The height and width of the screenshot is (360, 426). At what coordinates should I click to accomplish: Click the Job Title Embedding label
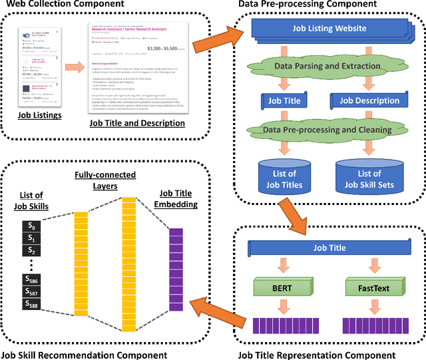(178, 199)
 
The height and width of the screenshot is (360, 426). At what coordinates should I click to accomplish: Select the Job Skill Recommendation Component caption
(84, 354)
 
